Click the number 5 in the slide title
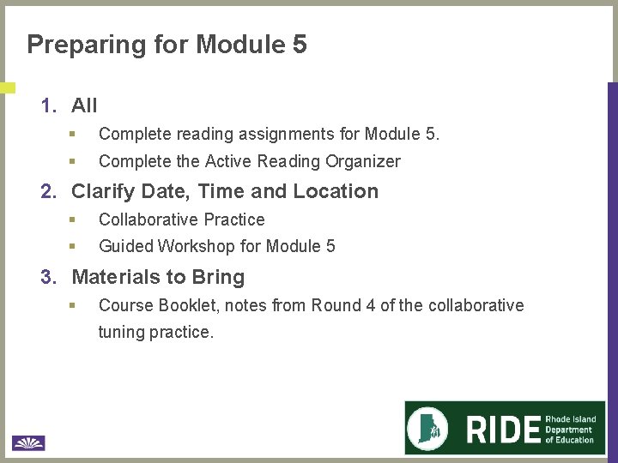[x=300, y=44]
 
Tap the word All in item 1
[x=84, y=105]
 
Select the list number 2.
[x=49, y=191]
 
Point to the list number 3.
[x=49, y=277]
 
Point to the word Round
[x=336, y=305]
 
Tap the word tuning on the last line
[x=121, y=332]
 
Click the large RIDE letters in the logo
[x=504, y=429]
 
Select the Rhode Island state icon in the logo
[x=432, y=427]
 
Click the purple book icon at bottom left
[x=28, y=442]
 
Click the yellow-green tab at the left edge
[x=7, y=87]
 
